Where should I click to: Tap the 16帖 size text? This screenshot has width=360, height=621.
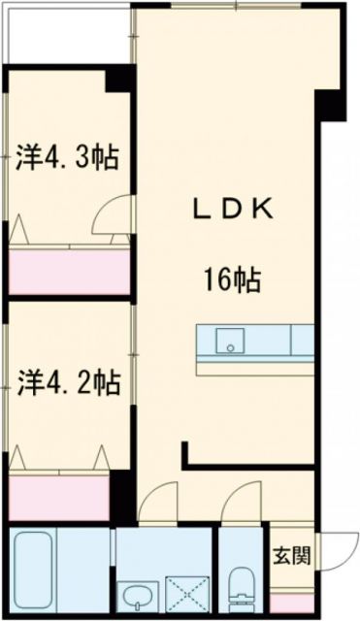click(231, 281)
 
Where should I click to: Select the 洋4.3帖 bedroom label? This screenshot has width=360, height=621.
click(66, 157)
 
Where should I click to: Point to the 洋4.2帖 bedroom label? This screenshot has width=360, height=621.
click(66, 384)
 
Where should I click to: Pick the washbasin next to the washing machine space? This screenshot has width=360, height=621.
click(135, 593)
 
